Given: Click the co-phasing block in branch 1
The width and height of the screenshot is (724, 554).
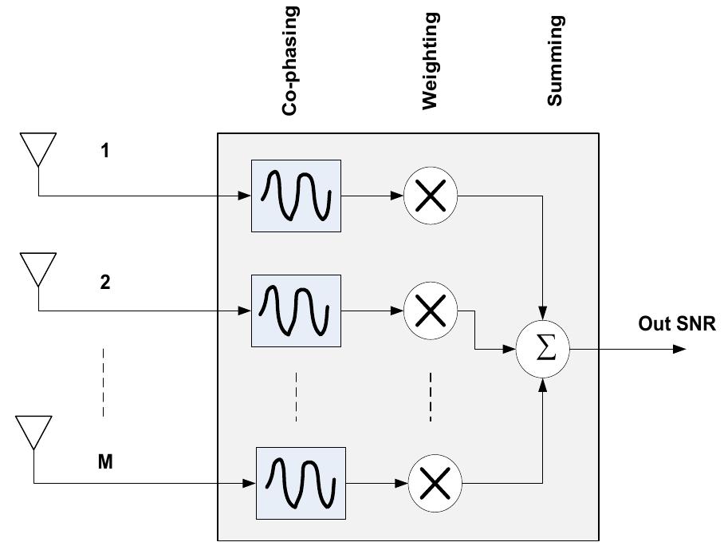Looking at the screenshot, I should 296,196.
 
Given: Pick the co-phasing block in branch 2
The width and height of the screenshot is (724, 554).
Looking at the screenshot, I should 296,311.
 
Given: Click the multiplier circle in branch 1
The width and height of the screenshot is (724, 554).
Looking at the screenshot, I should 431,196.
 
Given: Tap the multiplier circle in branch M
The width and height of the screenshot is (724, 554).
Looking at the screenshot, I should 435,484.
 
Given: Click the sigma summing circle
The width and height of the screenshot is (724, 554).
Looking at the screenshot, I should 544,350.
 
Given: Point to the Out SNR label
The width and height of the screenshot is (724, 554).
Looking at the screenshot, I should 677,324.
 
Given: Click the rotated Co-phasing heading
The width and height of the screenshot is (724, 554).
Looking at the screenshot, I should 290,61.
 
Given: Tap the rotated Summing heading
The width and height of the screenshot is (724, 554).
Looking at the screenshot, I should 555,61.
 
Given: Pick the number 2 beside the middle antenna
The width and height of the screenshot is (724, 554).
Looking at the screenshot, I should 105,282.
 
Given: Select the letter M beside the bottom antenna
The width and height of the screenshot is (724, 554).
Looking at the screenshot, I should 105,461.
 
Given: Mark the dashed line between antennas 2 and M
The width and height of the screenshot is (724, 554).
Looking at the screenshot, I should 104,382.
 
